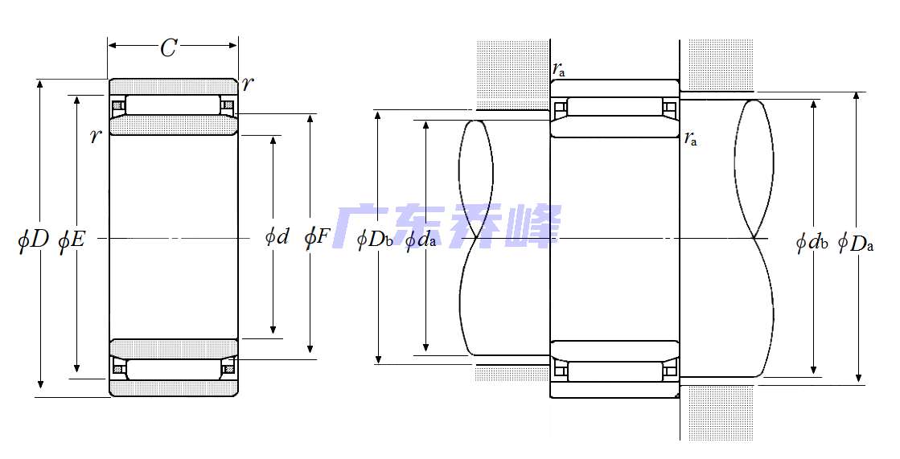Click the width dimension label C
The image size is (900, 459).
click(x=168, y=48)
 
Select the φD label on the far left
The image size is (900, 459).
click(x=33, y=239)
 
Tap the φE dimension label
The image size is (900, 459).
click(x=72, y=240)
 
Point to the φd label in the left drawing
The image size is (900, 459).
click(x=277, y=236)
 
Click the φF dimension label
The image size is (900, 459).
click(x=318, y=237)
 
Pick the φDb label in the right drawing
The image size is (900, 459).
click(x=375, y=239)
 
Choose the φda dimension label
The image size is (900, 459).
click(x=420, y=240)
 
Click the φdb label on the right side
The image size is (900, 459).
click(x=812, y=242)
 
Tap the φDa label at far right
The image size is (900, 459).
click(x=856, y=243)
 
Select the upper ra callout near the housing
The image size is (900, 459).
click(x=559, y=69)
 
